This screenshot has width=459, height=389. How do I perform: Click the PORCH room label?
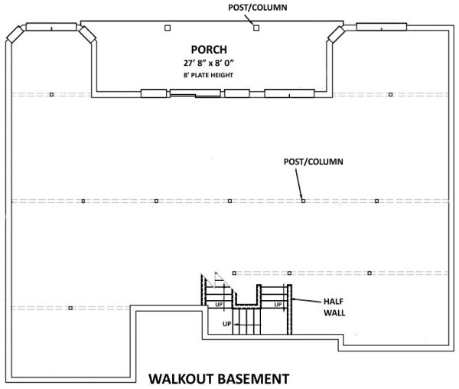point(209,50)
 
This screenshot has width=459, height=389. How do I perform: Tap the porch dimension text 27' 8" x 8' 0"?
point(209,63)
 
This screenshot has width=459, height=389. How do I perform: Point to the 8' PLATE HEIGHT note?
point(208,75)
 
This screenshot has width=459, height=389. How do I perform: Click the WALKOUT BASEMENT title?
point(219,379)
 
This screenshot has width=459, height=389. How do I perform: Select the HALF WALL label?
point(334,307)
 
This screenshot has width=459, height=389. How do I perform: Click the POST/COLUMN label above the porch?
point(258,8)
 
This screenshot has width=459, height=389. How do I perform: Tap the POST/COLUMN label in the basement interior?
point(313,162)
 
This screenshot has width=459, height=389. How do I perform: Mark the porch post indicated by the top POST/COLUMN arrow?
point(256,28)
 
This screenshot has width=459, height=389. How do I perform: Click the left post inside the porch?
point(168,28)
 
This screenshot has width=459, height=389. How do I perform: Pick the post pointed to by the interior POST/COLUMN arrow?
point(303,201)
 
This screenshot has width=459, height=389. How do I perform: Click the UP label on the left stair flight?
point(219,305)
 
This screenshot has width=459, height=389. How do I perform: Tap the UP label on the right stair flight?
point(278,305)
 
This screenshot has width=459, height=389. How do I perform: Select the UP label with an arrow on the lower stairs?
point(227,324)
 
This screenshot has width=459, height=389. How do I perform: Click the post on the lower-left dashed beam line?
point(70,308)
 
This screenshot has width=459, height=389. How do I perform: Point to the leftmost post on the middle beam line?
point(83,201)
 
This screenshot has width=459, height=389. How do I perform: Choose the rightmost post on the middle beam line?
point(376,201)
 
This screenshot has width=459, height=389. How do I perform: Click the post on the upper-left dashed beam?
point(51,95)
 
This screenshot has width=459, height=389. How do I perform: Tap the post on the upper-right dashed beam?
point(390,95)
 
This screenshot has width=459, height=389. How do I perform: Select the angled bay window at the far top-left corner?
point(15,34)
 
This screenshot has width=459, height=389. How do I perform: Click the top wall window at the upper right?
point(382,27)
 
